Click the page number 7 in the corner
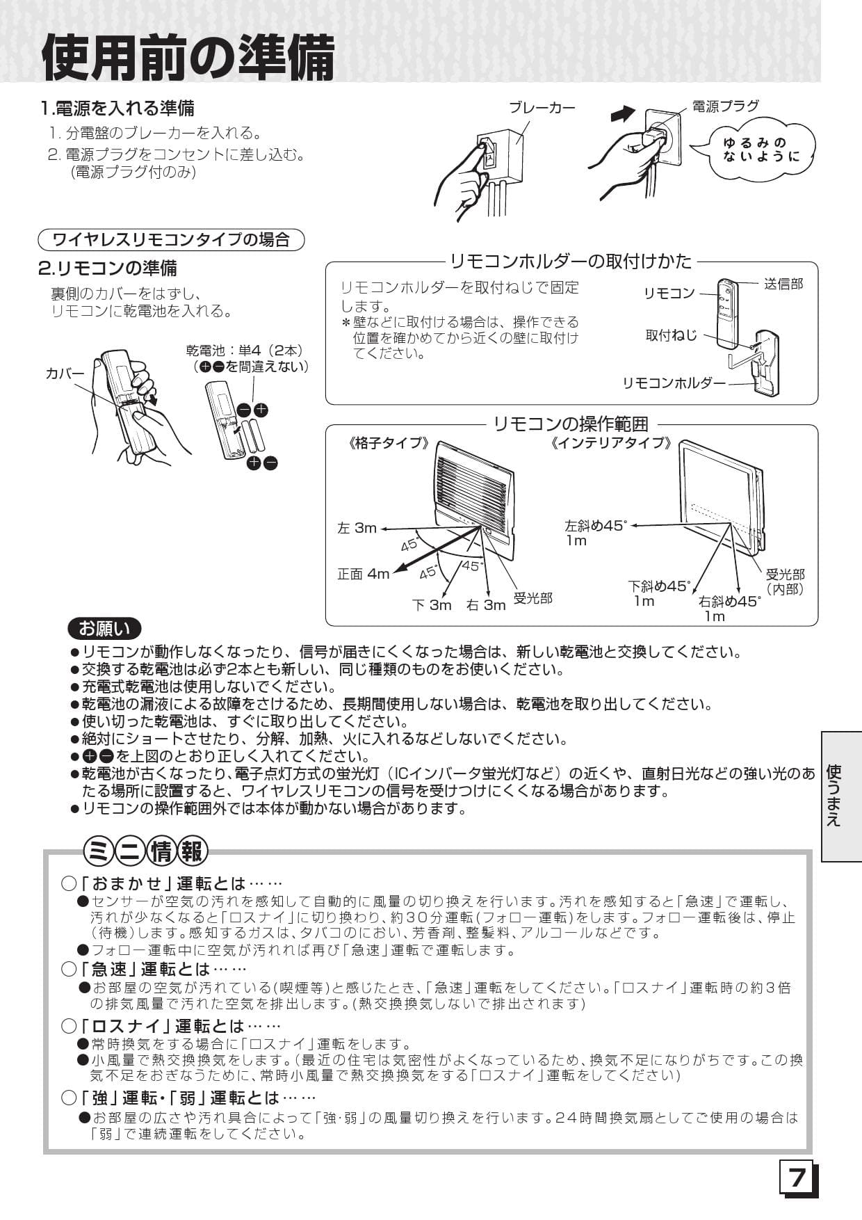coord(797,1179)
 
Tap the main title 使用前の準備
coord(188,57)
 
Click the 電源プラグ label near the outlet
coord(725,106)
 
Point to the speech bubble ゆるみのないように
coord(761,150)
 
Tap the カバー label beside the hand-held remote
coord(65,374)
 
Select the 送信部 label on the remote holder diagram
coord(783,284)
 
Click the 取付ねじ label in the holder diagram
coord(671,335)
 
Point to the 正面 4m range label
coord(364,574)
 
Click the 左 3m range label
coord(357,528)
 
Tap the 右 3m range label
coord(486,605)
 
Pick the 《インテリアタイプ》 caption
coord(611,443)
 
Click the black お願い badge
coord(104,629)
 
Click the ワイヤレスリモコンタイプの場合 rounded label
coord(171,240)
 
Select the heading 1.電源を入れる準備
coord(117,108)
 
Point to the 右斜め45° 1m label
coord(729,609)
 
